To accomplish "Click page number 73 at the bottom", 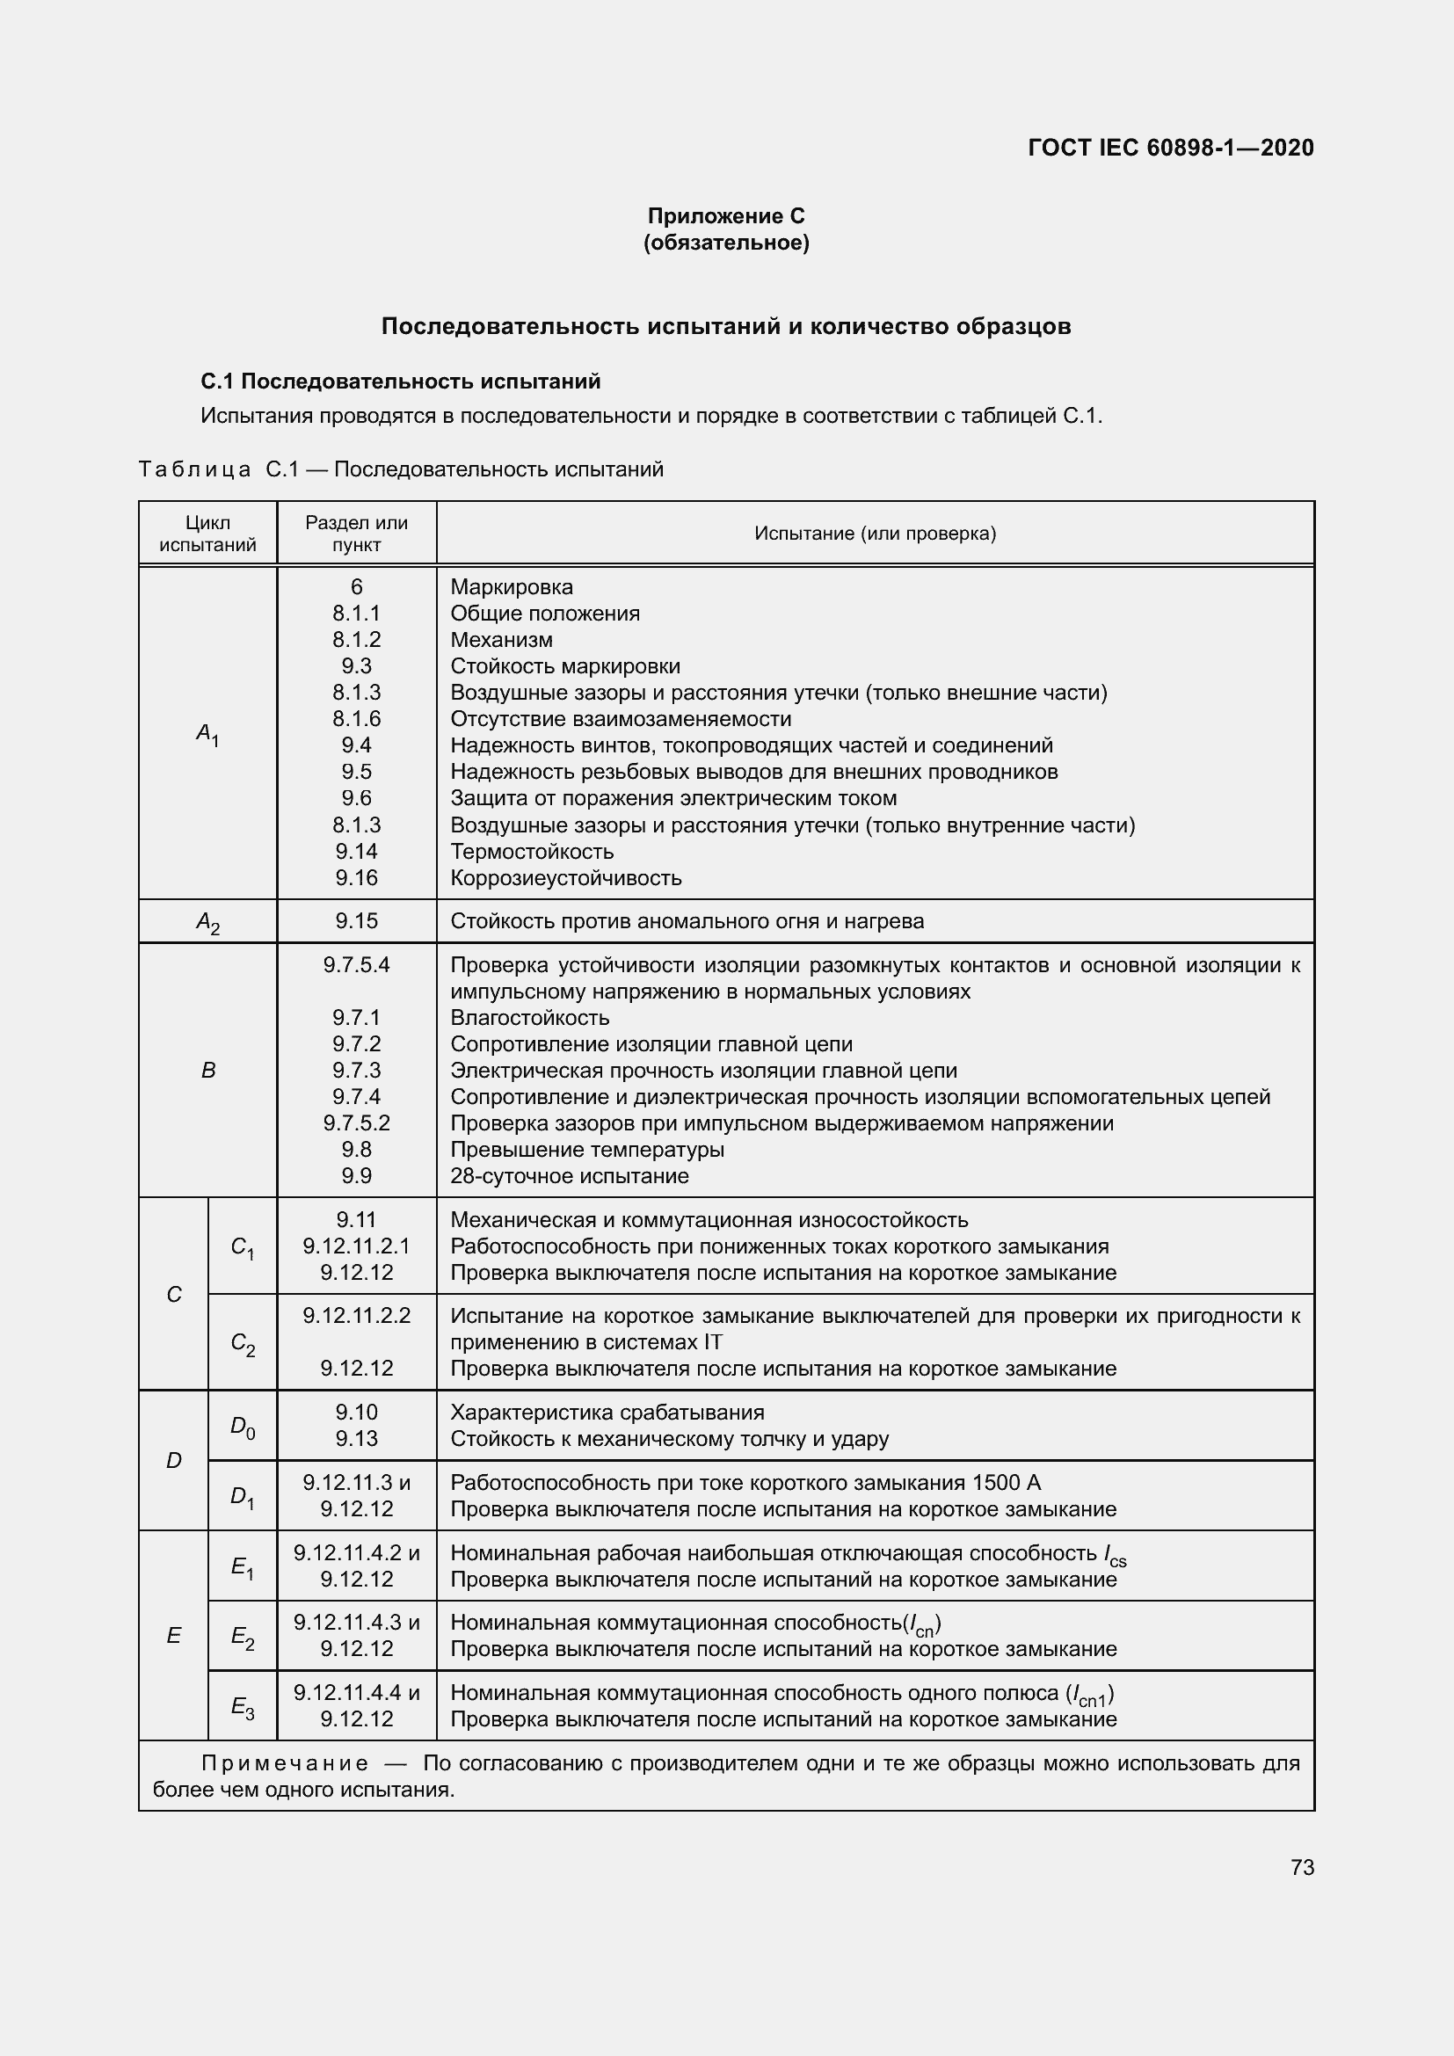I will coord(1302,1867).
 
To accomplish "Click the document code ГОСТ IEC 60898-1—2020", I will coord(1170,148).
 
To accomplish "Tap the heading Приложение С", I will coord(726,216).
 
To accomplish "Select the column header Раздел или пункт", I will coord(356,534).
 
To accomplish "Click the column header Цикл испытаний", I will coord(207,534).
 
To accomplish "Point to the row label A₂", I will coord(207,921).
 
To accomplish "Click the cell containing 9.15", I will coord(356,920).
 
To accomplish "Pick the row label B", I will coord(207,1070).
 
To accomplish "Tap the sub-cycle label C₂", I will coord(243,1342).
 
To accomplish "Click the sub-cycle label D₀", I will coord(243,1426).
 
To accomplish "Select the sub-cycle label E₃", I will coord(243,1707).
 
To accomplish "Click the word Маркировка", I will coord(512,586).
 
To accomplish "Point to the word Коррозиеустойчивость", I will coord(566,877).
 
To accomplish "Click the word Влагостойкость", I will coord(529,1017).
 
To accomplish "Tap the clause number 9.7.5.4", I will coord(356,964).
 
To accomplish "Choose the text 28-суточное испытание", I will coord(570,1176).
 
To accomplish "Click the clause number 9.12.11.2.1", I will coord(356,1246).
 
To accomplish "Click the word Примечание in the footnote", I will coord(285,1763).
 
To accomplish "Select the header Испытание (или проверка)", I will coord(875,534).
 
